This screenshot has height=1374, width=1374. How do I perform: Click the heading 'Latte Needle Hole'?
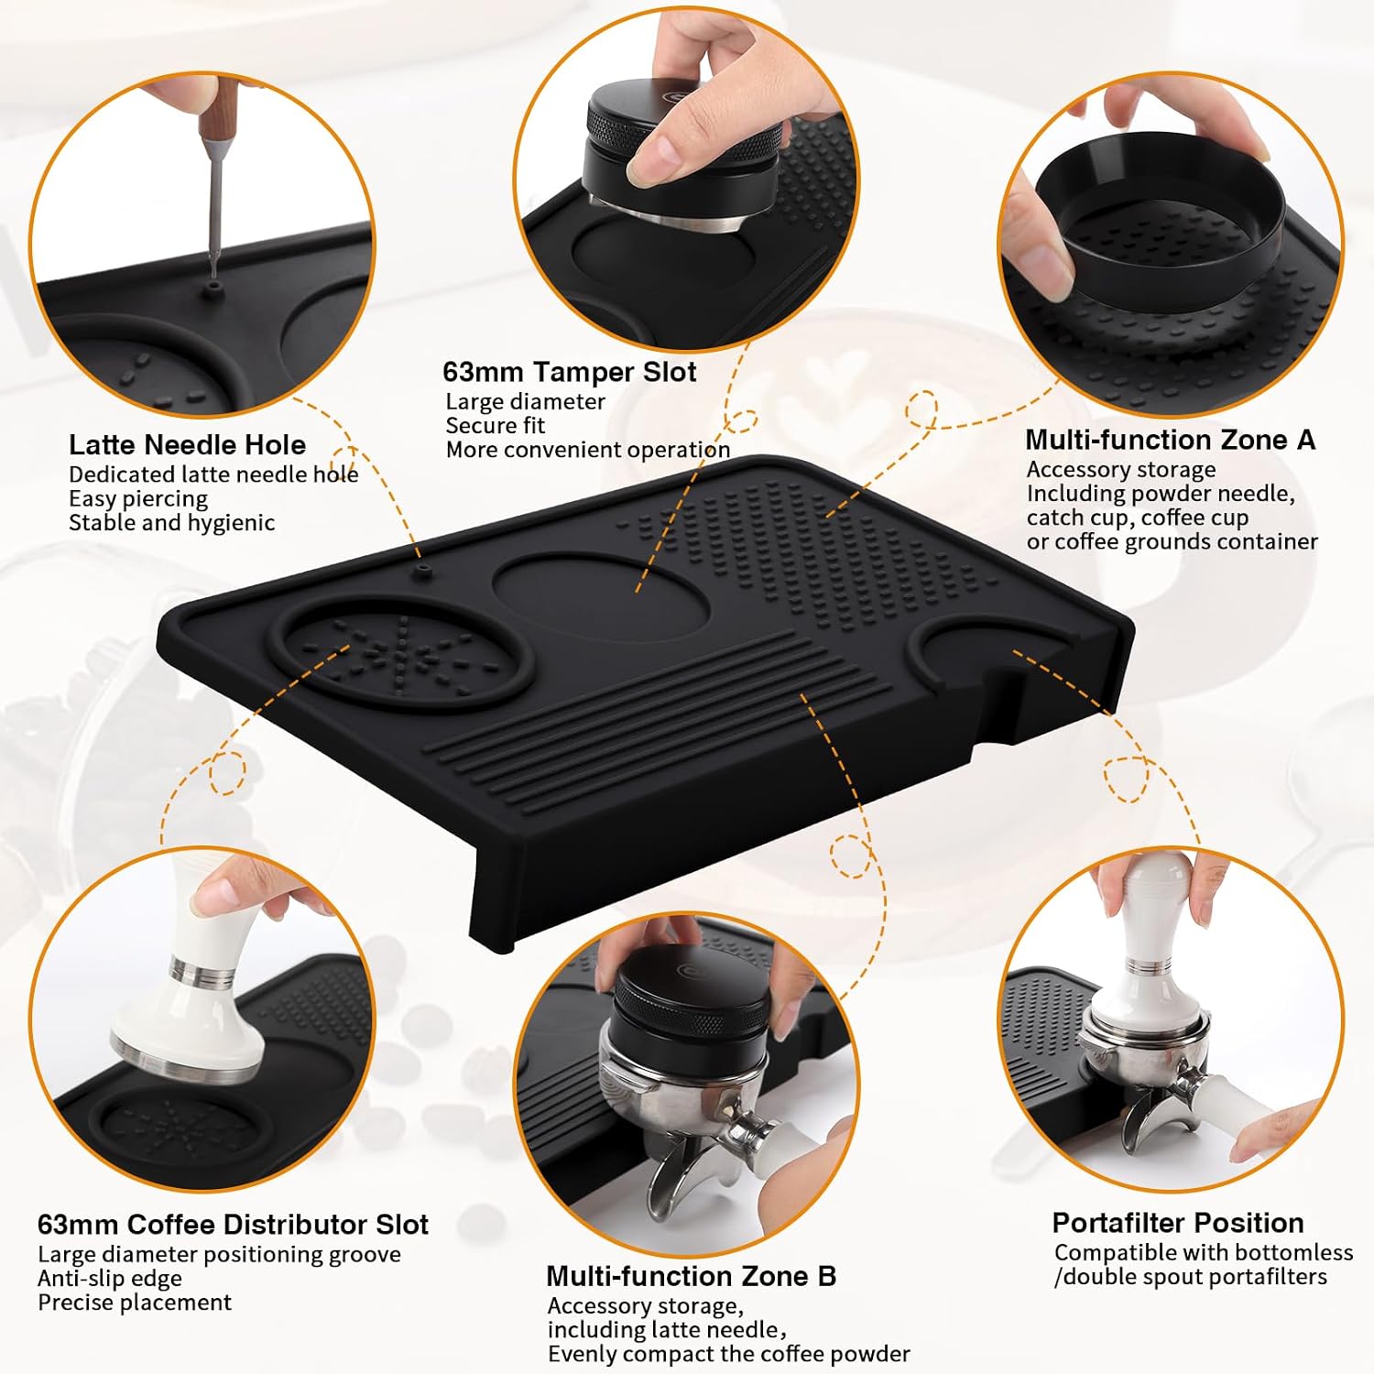point(187,445)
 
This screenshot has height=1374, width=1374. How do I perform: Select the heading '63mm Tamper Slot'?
point(569,372)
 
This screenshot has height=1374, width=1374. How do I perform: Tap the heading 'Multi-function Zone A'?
point(1170,440)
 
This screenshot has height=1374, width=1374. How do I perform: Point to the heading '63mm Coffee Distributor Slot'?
point(233,1225)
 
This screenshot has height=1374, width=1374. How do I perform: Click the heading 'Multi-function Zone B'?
point(691,1276)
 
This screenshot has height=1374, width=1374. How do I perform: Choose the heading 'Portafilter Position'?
point(1177,1223)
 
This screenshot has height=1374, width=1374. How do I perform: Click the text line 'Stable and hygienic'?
point(171,522)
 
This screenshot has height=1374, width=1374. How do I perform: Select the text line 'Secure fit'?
point(495,425)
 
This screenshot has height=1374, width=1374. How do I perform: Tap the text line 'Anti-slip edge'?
point(110,1278)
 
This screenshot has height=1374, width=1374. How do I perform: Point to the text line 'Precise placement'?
point(135,1302)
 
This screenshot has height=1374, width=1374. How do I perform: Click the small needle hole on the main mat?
point(422,569)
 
